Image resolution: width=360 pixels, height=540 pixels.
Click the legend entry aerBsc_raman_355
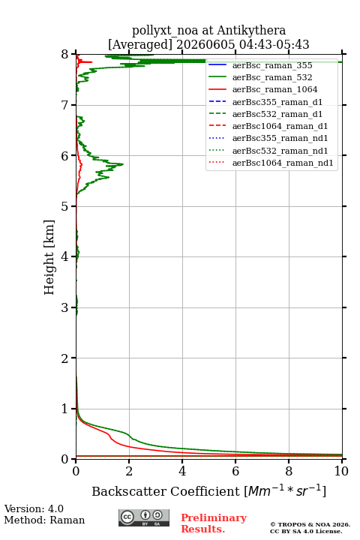click(272, 65)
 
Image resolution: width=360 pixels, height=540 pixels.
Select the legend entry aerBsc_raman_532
click(272, 77)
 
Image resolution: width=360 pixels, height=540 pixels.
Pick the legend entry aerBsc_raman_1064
click(275, 89)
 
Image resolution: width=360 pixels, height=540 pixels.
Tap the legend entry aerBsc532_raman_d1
click(277, 114)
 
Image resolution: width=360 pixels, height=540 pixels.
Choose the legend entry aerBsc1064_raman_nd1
click(283, 163)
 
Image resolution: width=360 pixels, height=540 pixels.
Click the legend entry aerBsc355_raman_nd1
click(280, 138)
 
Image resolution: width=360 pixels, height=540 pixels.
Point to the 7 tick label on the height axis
click(64, 105)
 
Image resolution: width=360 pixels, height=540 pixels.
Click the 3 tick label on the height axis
click(64, 307)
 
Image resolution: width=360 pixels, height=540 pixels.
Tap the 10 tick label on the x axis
click(341, 471)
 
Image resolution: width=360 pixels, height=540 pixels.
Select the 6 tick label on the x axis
click(235, 471)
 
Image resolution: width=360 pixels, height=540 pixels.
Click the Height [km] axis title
click(49, 257)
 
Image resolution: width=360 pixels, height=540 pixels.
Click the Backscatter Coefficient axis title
click(208, 491)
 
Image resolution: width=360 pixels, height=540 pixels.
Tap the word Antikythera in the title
click(251, 30)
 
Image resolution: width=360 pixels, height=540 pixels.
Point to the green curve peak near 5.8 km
click(123, 164)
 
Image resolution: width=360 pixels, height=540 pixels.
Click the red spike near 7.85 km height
click(91, 62)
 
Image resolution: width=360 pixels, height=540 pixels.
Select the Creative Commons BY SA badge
click(144, 517)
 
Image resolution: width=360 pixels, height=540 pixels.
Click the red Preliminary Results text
click(214, 523)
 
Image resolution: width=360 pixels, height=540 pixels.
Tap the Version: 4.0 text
click(34, 508)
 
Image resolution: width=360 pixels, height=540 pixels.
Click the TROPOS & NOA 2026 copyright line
click(310, 524)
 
